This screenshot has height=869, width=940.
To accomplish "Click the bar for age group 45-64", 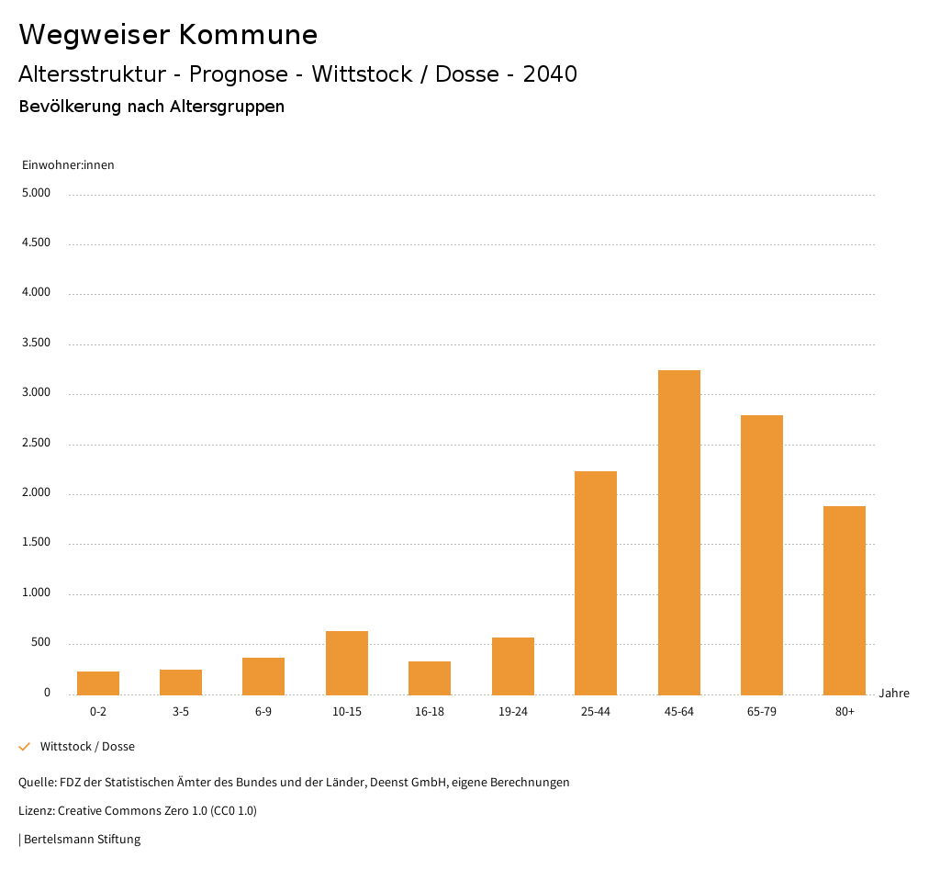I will tap(679, 532).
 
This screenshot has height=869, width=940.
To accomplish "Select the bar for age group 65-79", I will tap(762, 555).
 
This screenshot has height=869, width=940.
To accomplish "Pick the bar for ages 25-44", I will tap(596, 582).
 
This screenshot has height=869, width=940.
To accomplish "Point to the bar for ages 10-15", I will tap(347, 662).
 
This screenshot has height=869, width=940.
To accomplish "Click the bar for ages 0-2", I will tap(98, 683).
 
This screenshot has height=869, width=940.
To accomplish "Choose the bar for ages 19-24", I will tap(513, 665).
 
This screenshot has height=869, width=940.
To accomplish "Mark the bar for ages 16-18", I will tap(430, 678).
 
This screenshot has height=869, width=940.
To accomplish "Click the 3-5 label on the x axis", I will tap(181, 712).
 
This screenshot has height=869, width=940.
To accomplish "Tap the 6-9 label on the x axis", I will tap(263, 712).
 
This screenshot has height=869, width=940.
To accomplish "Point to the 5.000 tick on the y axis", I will tap(36, 194).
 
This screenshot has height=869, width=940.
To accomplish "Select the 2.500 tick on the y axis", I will tap(36, 444).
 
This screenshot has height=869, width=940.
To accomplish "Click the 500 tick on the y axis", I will tap(40, 643).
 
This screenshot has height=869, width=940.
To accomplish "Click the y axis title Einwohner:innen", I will tap(68, 165).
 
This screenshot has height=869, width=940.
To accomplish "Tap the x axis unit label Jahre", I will tap(894, 694).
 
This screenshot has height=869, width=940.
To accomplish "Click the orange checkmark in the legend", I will tap(25, 747).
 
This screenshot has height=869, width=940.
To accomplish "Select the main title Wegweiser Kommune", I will tap(168, 35).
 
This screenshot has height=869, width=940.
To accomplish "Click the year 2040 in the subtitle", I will tap(550, 74).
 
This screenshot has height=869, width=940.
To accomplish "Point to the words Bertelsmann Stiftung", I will tap(82, 839).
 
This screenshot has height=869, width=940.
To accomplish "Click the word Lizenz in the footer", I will tap(37, 811).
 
